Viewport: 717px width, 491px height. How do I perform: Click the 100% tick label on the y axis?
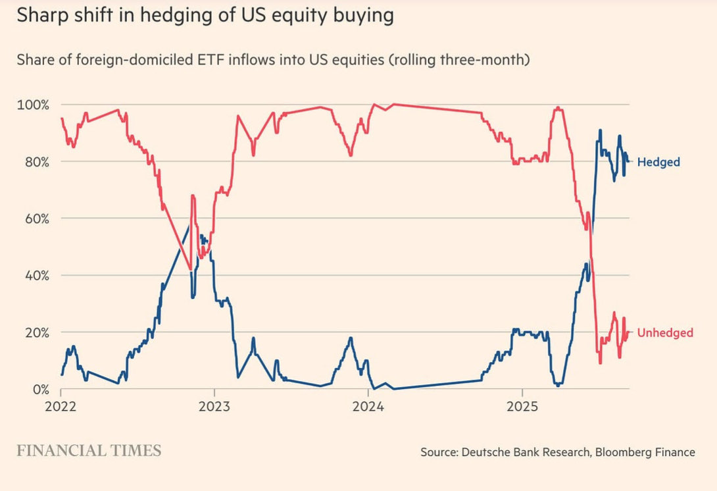(x=32, y=105)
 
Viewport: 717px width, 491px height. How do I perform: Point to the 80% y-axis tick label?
(x=34, y=162)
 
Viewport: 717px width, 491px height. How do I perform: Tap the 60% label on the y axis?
(x=34, y=219)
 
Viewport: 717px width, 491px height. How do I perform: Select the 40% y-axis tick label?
(x=34, y=275)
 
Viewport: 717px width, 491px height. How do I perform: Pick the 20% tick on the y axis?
(x=34, y=332)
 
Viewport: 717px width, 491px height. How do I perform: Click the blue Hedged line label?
(x=658, y=162)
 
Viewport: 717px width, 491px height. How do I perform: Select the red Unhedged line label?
(x=665, y=333)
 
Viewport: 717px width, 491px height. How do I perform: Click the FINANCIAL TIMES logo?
(x=89, y=451)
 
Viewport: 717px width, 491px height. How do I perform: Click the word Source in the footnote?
(x=437, y=452)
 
